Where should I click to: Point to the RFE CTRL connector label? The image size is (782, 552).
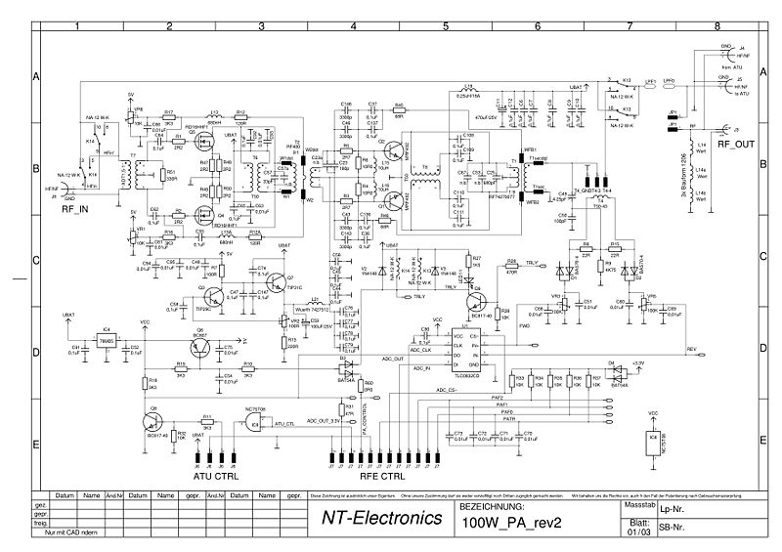click(x=378, y=477)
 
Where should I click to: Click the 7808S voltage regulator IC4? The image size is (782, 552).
click(x=108, y=337)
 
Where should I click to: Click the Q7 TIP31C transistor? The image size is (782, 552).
click(x=282, y=283)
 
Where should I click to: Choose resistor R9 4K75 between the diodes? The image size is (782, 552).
click(x=609, y=265)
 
